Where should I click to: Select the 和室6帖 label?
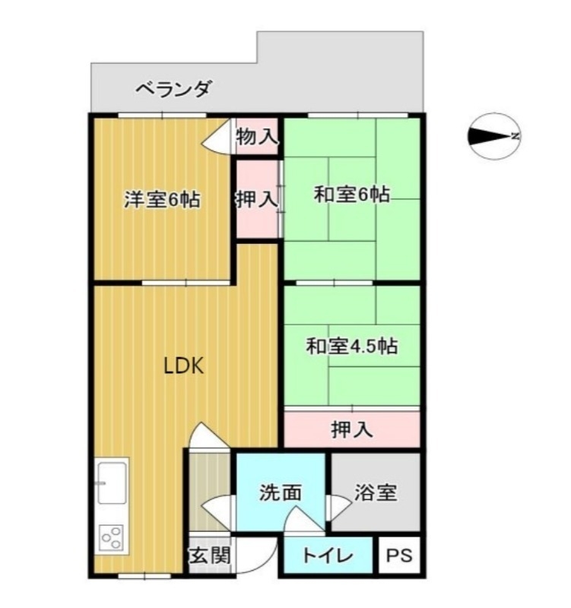pos(352,195)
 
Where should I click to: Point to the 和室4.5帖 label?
pos(352,347)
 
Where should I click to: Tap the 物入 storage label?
pos(257,138)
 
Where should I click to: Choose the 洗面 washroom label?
pos(281,492)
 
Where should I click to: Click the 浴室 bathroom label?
pos(375,492)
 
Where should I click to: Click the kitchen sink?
pos(113,482)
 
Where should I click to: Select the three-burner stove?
pos(113,538)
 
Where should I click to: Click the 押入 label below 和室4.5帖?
pos(351,430)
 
